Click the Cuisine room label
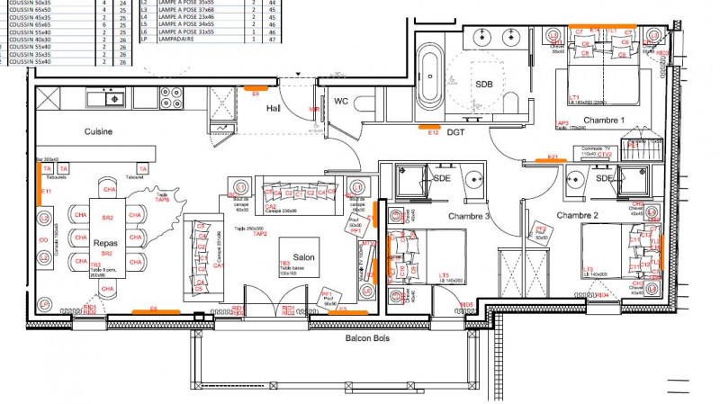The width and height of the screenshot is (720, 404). (98, 131)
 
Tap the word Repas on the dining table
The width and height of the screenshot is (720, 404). (106, 242)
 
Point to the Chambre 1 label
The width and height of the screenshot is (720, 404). (604, 120)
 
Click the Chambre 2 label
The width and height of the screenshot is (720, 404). (577, 215)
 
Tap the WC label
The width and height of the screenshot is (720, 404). (341, 102)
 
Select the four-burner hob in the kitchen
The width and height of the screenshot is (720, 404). (171, 96)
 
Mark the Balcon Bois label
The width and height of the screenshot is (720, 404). (373, 339)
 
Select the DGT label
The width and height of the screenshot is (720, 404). (456, 132)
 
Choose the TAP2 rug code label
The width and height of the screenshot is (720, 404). (259, 233)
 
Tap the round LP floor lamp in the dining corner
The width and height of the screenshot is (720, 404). (44, 304)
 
